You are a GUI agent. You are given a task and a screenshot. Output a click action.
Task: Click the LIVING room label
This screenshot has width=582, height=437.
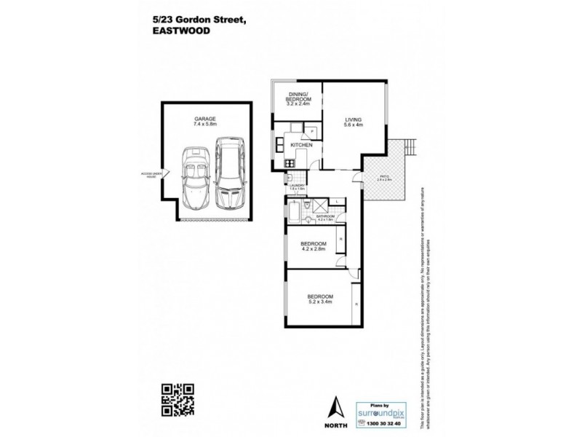click(354, 122)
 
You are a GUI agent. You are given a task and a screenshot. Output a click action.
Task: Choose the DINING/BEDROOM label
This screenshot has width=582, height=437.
click(298, 98)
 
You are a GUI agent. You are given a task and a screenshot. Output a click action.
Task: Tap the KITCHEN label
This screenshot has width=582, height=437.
click(301, 146)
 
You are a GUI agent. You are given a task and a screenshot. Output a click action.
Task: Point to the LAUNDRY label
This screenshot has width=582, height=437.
click(295, 186)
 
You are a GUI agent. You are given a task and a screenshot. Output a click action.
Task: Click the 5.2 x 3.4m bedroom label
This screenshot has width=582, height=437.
click(319, 298)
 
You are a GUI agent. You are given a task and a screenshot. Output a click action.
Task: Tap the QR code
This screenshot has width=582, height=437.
click(178, 400)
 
